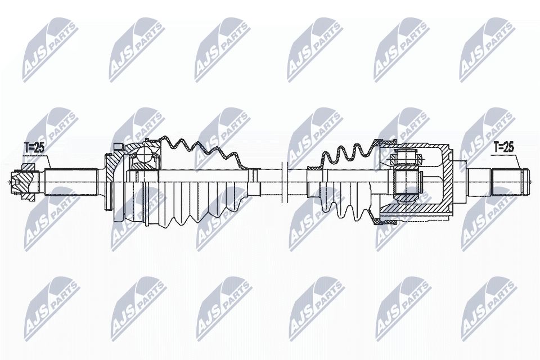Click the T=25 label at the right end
coord(503,148)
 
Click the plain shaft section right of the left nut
coord(70,181)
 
